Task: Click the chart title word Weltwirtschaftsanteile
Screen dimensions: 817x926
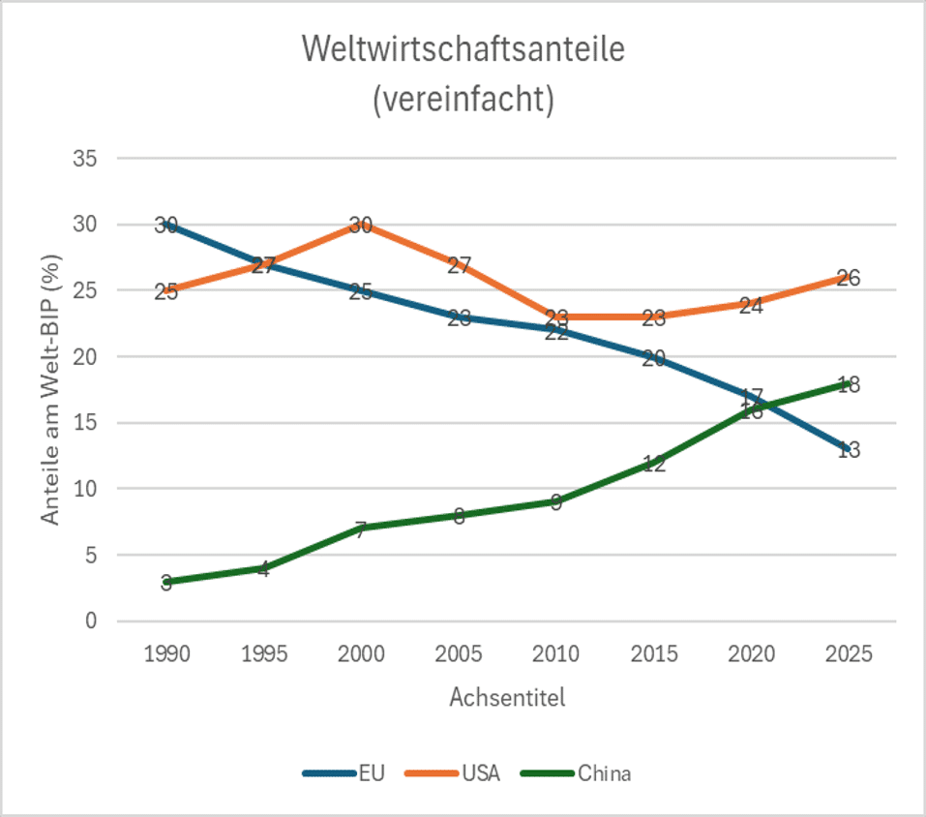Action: [463, 50]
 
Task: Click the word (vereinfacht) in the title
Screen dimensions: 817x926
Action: [463, 100]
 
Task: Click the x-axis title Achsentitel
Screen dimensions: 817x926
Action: [507, 697]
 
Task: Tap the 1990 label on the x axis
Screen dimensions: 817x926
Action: [166, 654]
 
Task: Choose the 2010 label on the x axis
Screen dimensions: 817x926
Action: [556, 654]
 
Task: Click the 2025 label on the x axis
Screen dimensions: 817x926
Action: [849, 654]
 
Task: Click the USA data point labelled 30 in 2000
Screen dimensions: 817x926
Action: [361, 225]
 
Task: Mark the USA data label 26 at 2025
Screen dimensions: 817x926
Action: [849, 278]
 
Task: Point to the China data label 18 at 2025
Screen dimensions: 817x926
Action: [849, 384]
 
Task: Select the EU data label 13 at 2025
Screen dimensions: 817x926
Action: [849, 450]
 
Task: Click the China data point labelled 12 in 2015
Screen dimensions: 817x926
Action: [654, 463]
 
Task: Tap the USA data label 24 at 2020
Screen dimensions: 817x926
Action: [751, 305]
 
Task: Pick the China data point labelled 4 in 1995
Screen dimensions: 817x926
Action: [263, 568]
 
